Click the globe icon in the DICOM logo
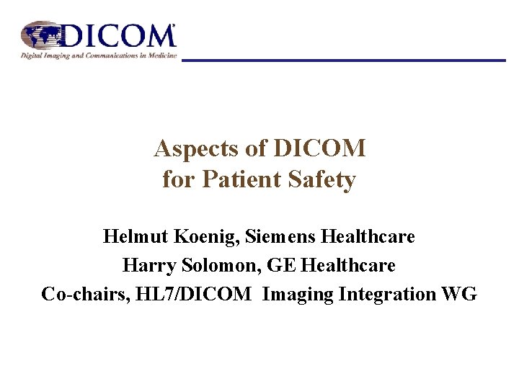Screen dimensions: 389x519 42,35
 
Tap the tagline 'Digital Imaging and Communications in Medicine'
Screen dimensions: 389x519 99,55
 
